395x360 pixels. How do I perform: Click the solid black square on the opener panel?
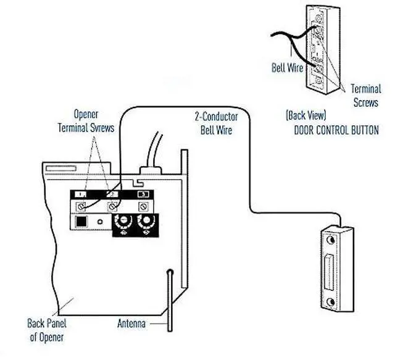(81, 220)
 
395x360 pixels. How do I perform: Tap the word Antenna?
(131, 323)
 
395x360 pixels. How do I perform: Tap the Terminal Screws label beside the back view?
(365, 95)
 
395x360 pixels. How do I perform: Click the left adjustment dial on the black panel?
(125, 221)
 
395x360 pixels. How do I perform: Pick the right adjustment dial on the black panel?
(146, 221)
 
